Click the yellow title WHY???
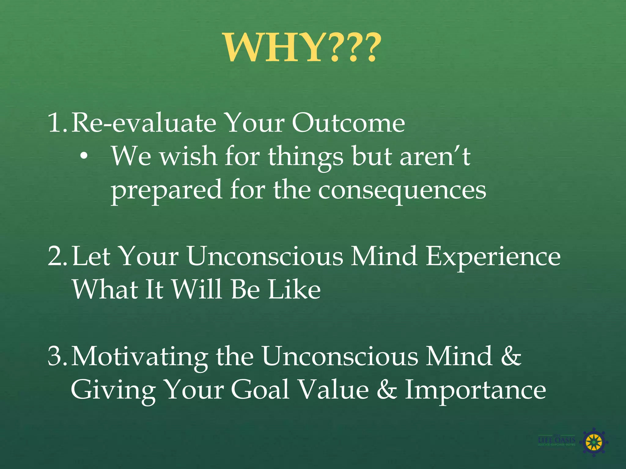point(303,48)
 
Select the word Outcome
point(348,123)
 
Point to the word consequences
point(402,190)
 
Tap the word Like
point(294,289)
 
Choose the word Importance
point(475,390)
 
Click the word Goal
point(260,390)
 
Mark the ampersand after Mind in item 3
point(511,356)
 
